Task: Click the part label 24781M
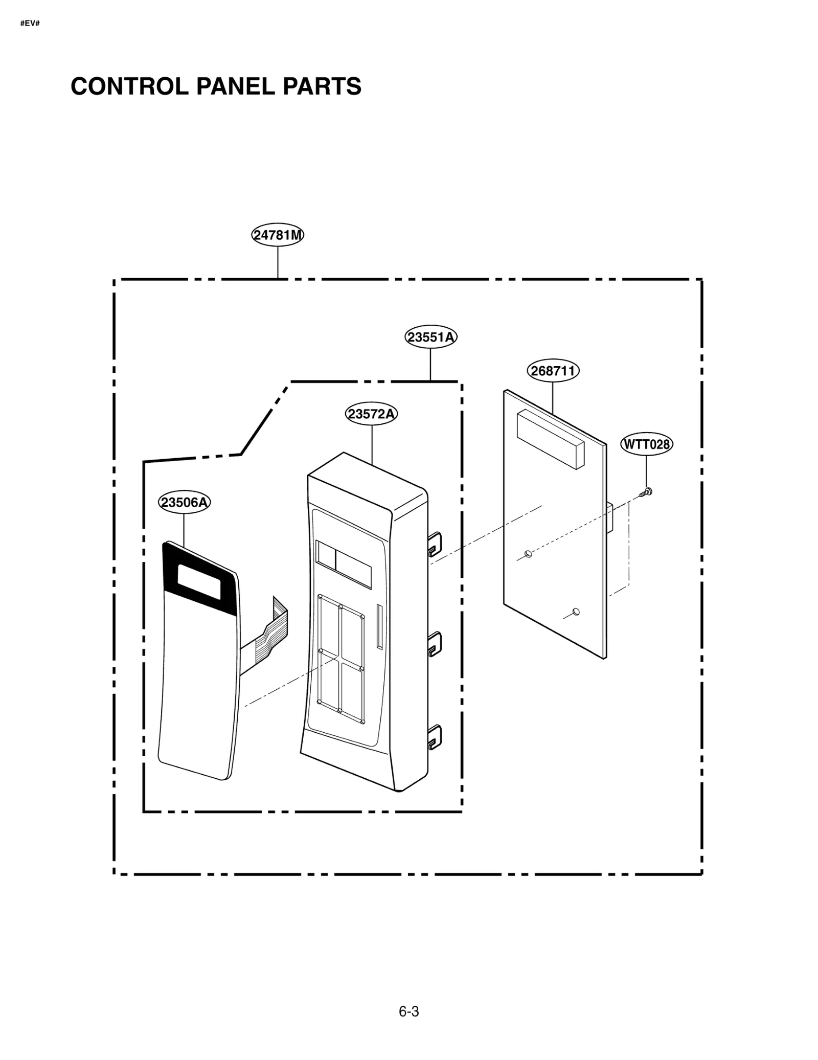(x=278, y=235)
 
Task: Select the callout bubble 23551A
(x=430, y=337)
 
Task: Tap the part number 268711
(x=553, y=371)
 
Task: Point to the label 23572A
(x=372, y=414)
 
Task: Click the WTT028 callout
(x=646, y=444)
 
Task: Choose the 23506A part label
(x=184, y=502)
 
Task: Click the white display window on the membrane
(x=199, y=581)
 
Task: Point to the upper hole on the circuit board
(x=529, y=554)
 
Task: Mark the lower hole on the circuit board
(x=576, y=612)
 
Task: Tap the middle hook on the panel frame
(x=434, y=643)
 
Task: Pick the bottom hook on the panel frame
(x=434, y=737)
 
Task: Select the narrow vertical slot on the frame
(x=379, y=627)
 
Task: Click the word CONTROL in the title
(x=130, y=86)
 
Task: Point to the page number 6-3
(x=408, y=1012)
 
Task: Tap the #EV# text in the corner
(x=30, y=24)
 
